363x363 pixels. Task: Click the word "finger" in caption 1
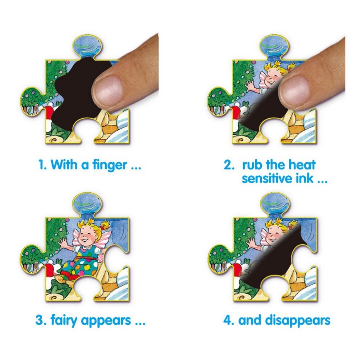(x=110, y=165)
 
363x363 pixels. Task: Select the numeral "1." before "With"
(x=42, y=165)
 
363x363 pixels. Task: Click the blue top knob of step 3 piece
(x=87, y=204)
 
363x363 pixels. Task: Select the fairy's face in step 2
(x=273, y=79)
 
